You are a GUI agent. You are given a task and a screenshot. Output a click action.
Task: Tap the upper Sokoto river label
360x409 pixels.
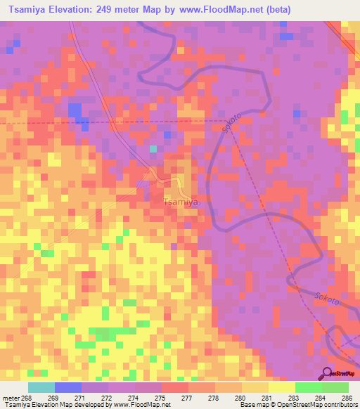coord(229,124)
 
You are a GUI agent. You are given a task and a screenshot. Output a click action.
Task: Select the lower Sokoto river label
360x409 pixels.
coord(328,299)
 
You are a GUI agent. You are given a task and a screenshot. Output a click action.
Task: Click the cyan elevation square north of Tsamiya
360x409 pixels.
coord(153,148)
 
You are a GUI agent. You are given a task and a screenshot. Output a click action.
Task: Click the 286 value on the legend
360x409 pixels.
coord(347,397)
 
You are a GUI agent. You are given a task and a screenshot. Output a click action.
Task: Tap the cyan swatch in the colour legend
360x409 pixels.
coord(41,387)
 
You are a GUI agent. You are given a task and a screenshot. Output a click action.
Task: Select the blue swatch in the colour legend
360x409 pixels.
coord(68,387)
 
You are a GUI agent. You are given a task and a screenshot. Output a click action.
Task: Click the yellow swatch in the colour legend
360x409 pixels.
coord(282,387)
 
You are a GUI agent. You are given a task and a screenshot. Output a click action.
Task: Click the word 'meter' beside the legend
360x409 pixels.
coord(11,397)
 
